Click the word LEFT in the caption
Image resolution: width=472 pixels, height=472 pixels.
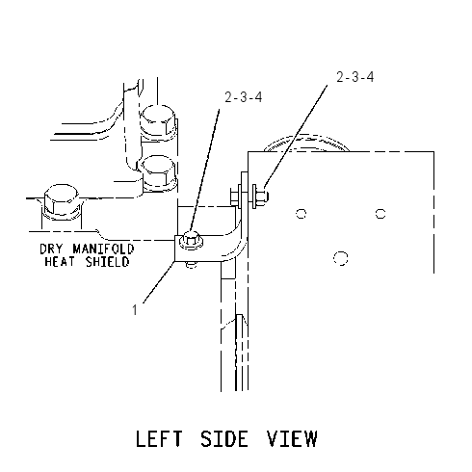click(159, 438)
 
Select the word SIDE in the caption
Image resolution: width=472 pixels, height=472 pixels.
click(224, 438)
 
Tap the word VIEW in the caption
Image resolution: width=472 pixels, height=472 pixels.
click(292, 438)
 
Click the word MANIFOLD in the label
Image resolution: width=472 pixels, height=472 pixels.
click(103, 249)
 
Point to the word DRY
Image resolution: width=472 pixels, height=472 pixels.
click(51, 249)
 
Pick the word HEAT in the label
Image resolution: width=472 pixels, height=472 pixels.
click(60, 262)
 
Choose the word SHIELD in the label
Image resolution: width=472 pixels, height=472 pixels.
click(107, 262)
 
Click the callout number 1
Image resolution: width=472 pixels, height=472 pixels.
click(135, 310)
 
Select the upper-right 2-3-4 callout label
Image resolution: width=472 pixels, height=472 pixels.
click(355, 77)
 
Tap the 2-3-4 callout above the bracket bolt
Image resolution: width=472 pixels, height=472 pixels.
click(244, 97)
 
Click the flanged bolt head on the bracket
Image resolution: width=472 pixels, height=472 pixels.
click(192, 241)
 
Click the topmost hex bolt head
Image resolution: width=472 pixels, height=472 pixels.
click(158, 121)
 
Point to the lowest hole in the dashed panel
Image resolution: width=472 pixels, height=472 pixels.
click(341, 258)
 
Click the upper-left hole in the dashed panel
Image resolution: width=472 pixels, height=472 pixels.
click(301, 214)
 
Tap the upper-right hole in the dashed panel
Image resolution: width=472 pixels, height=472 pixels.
click(380, 214)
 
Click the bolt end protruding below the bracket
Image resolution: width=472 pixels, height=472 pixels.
click(192, 265)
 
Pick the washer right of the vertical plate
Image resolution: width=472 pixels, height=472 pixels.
click(254, 197)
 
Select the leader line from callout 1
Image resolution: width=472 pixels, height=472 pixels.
click(159, 282)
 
